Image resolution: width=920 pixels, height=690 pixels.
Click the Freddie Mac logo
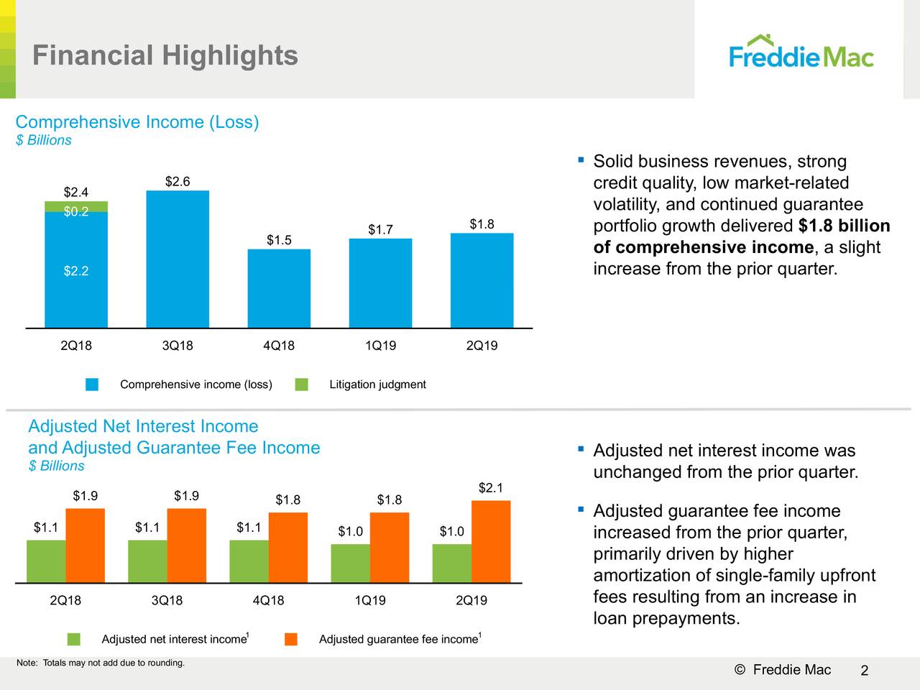click(801, 52)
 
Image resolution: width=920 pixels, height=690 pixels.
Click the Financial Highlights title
click(165, 55)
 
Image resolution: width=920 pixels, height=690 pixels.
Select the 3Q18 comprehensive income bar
click(178, 259)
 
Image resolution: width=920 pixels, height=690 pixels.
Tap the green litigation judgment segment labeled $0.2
click(76, 207)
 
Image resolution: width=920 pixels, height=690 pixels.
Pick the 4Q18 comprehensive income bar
click(279, 288)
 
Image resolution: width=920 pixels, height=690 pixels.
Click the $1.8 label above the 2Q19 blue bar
click(482, 224)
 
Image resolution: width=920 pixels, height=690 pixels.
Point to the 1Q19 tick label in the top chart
click(380, 346)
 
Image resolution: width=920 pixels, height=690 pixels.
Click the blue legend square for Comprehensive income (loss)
click(92, 385)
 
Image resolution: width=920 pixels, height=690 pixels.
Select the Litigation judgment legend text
click(377, 385)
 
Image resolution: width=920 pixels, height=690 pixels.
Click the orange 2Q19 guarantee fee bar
click(491, 541)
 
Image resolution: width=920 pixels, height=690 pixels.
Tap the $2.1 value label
click(490, 488)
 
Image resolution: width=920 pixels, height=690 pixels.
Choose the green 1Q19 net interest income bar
click(351, 563)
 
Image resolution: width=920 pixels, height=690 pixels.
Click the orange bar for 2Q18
click(85, 545)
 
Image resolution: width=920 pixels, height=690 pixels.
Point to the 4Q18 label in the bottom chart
click(268, 600)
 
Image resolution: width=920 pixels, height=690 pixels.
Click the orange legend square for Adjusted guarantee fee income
click(291, 639)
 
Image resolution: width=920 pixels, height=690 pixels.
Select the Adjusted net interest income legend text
click(174, 640)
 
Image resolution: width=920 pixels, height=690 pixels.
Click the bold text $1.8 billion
click(844, 226)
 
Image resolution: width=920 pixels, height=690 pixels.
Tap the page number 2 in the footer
click(865, 671)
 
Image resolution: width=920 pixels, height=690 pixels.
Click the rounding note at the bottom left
click(101, 663)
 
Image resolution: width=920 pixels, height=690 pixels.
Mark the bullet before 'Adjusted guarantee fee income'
click(579, 510)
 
